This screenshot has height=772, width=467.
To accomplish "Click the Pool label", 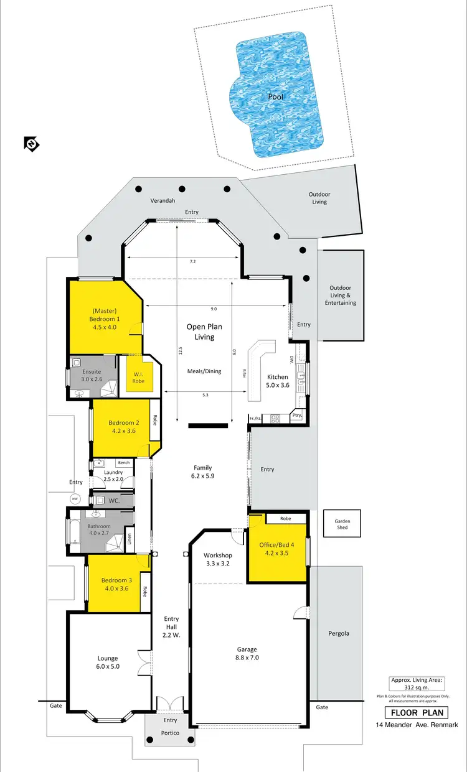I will (x=276, y=96).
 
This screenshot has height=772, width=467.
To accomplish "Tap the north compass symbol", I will (x=31, y=144).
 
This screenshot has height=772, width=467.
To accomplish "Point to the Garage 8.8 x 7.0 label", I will (x=247, y=653).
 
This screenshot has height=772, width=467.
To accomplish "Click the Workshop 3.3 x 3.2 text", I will (x=218, y=559).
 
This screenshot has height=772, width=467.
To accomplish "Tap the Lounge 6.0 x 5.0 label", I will (x=107, y=662).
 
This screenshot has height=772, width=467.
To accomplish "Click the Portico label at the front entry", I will (x=170, y=733).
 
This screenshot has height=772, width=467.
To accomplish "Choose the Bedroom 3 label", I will (x=115, y=584).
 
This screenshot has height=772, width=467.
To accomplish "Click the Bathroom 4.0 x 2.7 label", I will (x=99, y=529).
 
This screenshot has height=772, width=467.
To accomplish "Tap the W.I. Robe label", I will (x=138, y=377).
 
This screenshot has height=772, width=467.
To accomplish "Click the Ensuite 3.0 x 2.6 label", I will (x=91, y=374).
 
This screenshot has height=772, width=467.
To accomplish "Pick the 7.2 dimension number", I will (x=192, y=262).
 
